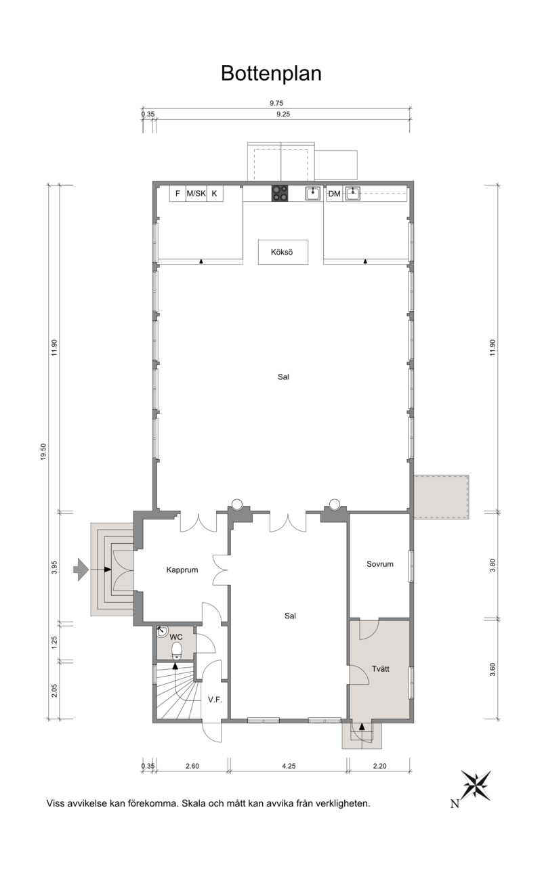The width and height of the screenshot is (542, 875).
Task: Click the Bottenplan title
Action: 271,73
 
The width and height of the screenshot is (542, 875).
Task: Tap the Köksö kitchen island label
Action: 282,252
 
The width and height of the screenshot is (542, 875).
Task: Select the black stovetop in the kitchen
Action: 280,193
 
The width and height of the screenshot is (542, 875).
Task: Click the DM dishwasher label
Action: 334,194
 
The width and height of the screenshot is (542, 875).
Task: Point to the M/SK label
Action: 196,194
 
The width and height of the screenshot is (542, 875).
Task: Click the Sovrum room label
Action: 380,564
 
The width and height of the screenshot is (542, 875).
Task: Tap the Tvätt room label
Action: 381,668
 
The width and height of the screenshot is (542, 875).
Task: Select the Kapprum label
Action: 182,570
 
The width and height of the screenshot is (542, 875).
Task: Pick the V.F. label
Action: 215,700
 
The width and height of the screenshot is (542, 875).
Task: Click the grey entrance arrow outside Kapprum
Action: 81,570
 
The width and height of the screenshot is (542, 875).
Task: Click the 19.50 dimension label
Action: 43,452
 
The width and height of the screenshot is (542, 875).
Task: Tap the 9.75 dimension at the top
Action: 276,103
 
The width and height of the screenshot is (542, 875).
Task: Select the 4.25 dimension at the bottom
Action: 289,766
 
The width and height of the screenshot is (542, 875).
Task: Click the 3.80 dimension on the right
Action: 493,565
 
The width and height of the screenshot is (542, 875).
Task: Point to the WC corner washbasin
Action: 162,631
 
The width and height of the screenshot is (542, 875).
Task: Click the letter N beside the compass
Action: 455,803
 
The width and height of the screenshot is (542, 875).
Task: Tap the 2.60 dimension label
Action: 192,766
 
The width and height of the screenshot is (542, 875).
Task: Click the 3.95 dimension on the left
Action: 54,567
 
